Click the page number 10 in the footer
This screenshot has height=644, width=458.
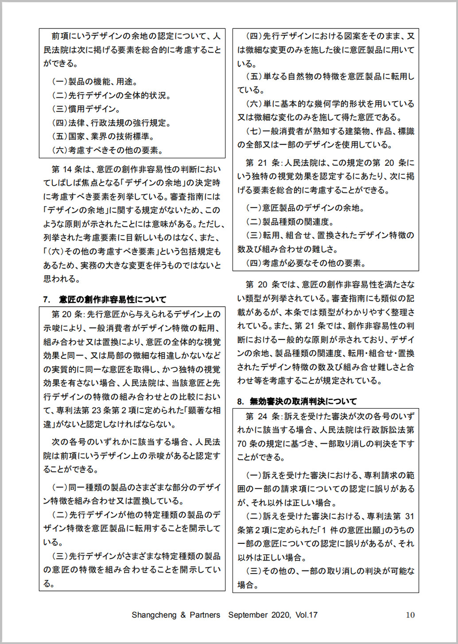[410, 615]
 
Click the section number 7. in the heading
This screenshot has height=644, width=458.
[47, 300]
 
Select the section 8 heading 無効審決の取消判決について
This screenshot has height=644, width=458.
[303, 402]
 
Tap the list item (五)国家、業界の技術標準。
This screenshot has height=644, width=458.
[103, 137]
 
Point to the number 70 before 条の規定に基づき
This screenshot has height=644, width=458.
[242, 444]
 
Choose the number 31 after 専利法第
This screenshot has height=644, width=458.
[409, 516]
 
